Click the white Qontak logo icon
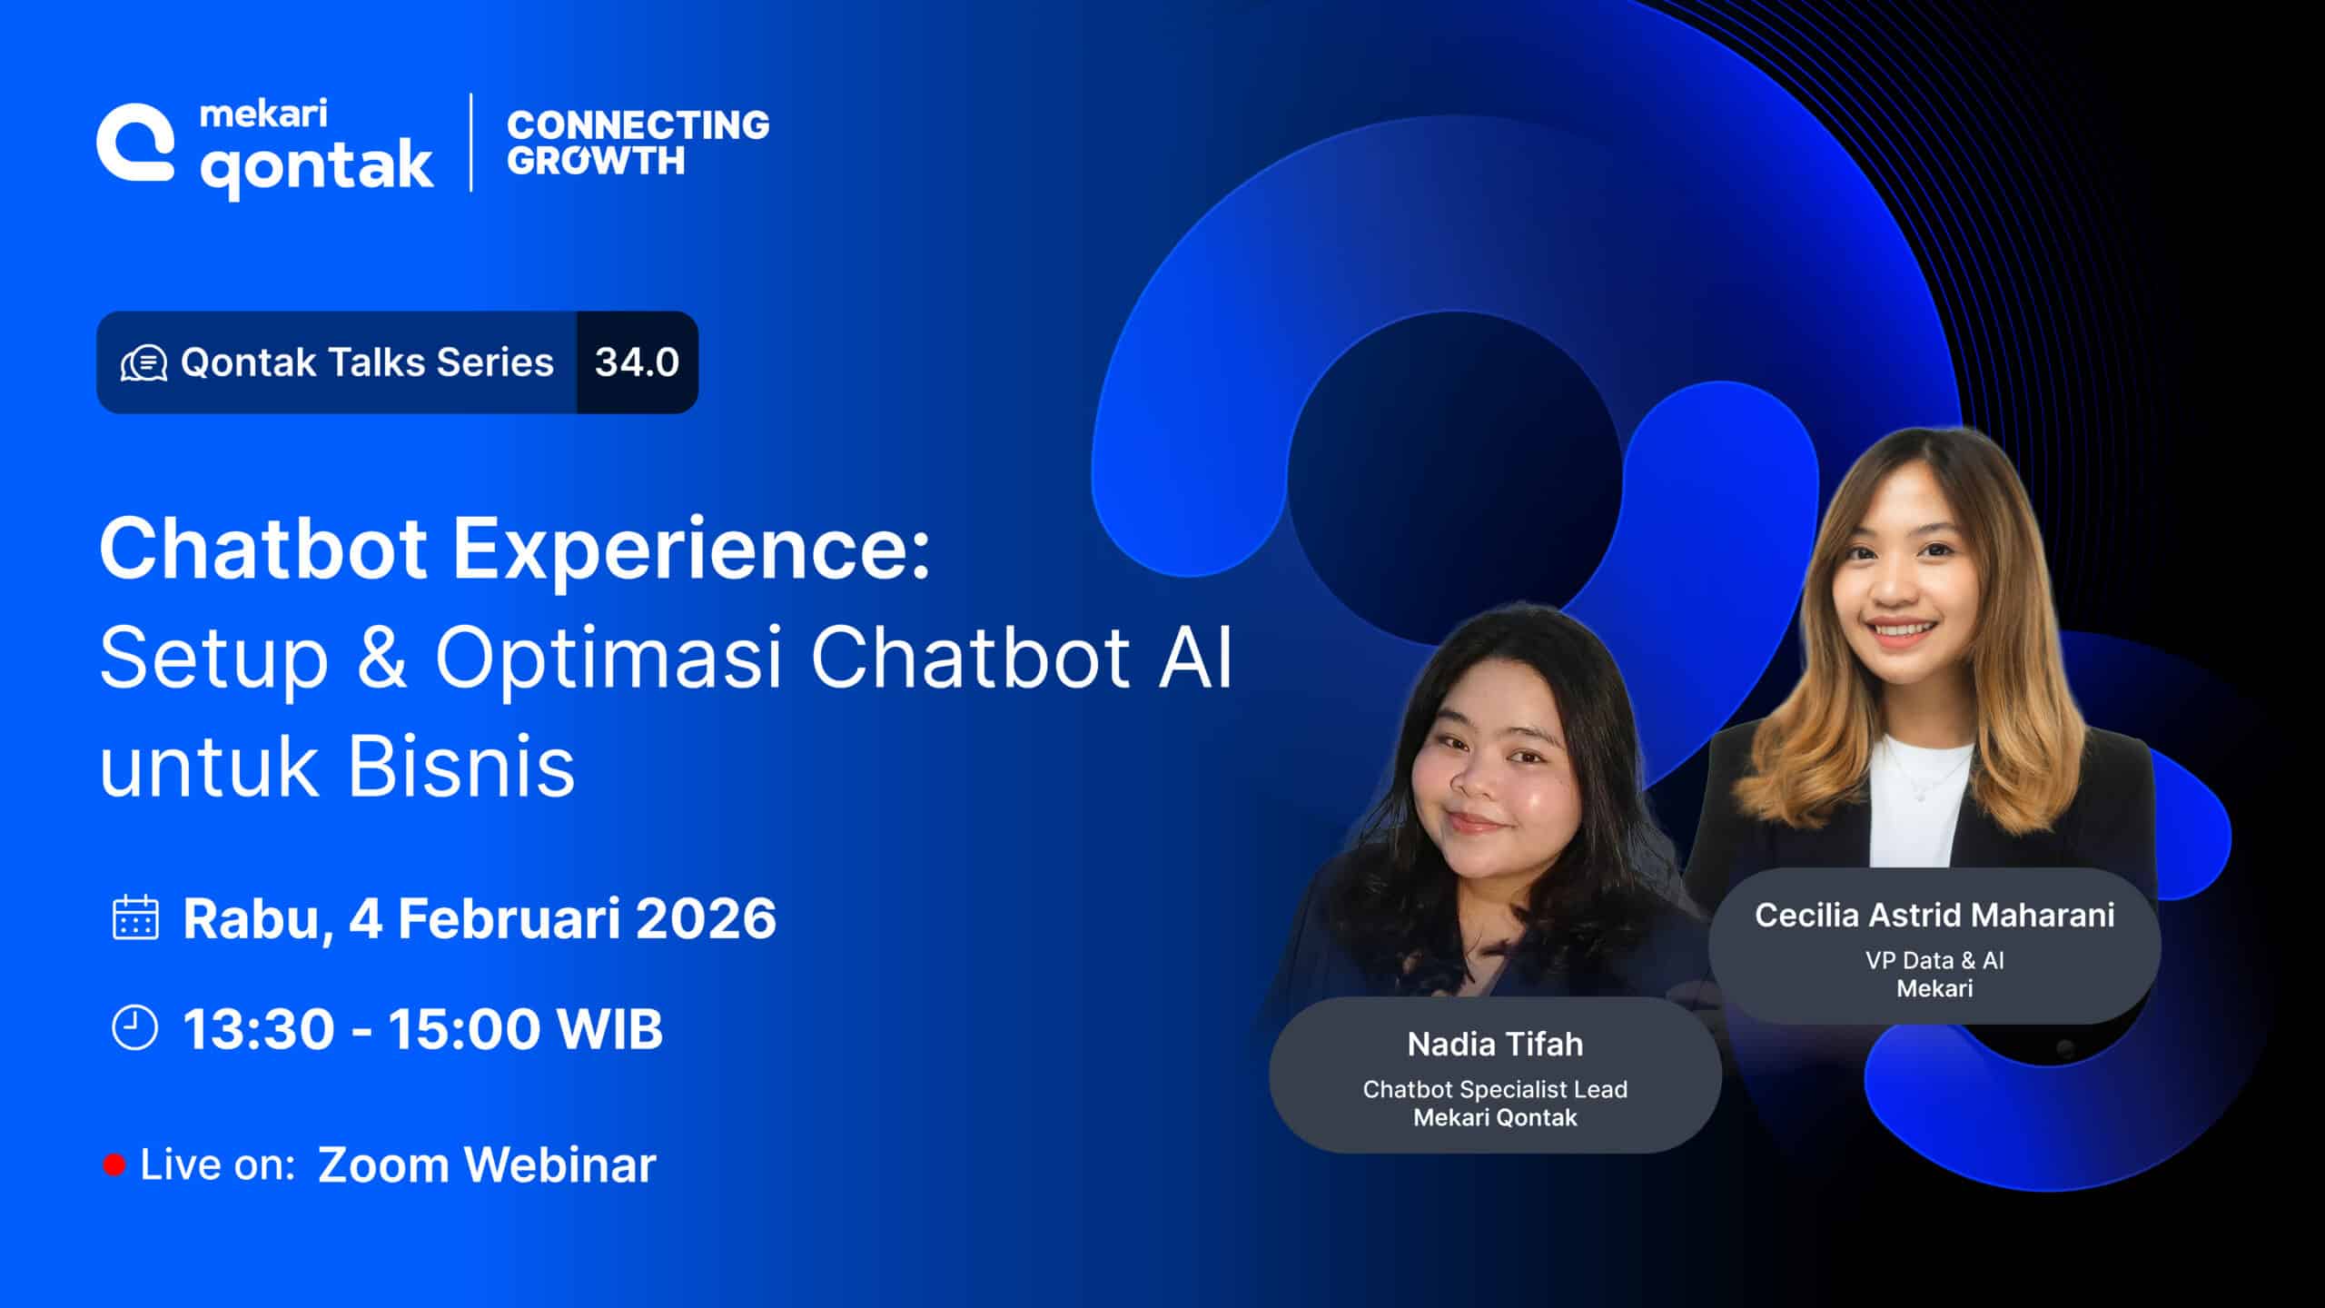point(135,143)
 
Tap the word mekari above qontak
point(263,114)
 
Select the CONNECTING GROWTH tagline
point(638,143)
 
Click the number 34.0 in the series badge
point(637,362)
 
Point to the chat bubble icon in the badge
point(143,363)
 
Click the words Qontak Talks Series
point(367,362)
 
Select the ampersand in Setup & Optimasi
point(381,657)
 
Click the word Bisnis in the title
point(461,766)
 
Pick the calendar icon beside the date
point(135,917)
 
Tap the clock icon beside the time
point(134,1028)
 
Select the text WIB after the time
point(610,1029)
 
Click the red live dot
point(114,1165)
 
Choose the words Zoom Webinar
point(487,1165)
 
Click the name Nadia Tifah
point(1495,1045)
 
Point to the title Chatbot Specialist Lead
point(1495,1089)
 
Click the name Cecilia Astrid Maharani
point(1934,915)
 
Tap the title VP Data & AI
point(1934,960)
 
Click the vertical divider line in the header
point(470,143)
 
